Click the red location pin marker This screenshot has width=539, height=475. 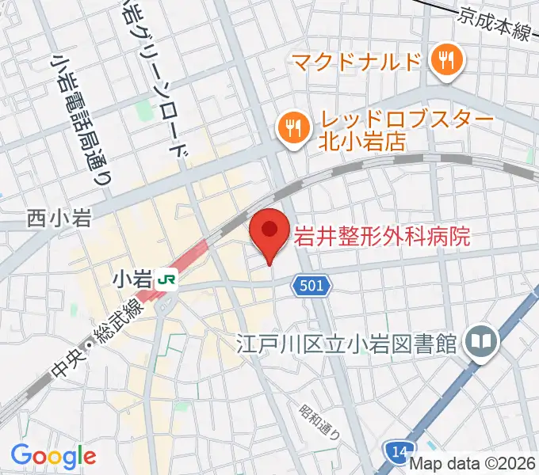(269, 232)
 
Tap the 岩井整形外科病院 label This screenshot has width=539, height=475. (383, 235)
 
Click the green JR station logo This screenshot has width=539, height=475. (166, 279)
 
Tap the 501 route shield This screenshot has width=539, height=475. (312, 285)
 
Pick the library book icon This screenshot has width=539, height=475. (480, 342)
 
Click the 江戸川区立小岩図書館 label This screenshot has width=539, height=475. (348, 344)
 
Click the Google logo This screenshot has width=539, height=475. (53, 456)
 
